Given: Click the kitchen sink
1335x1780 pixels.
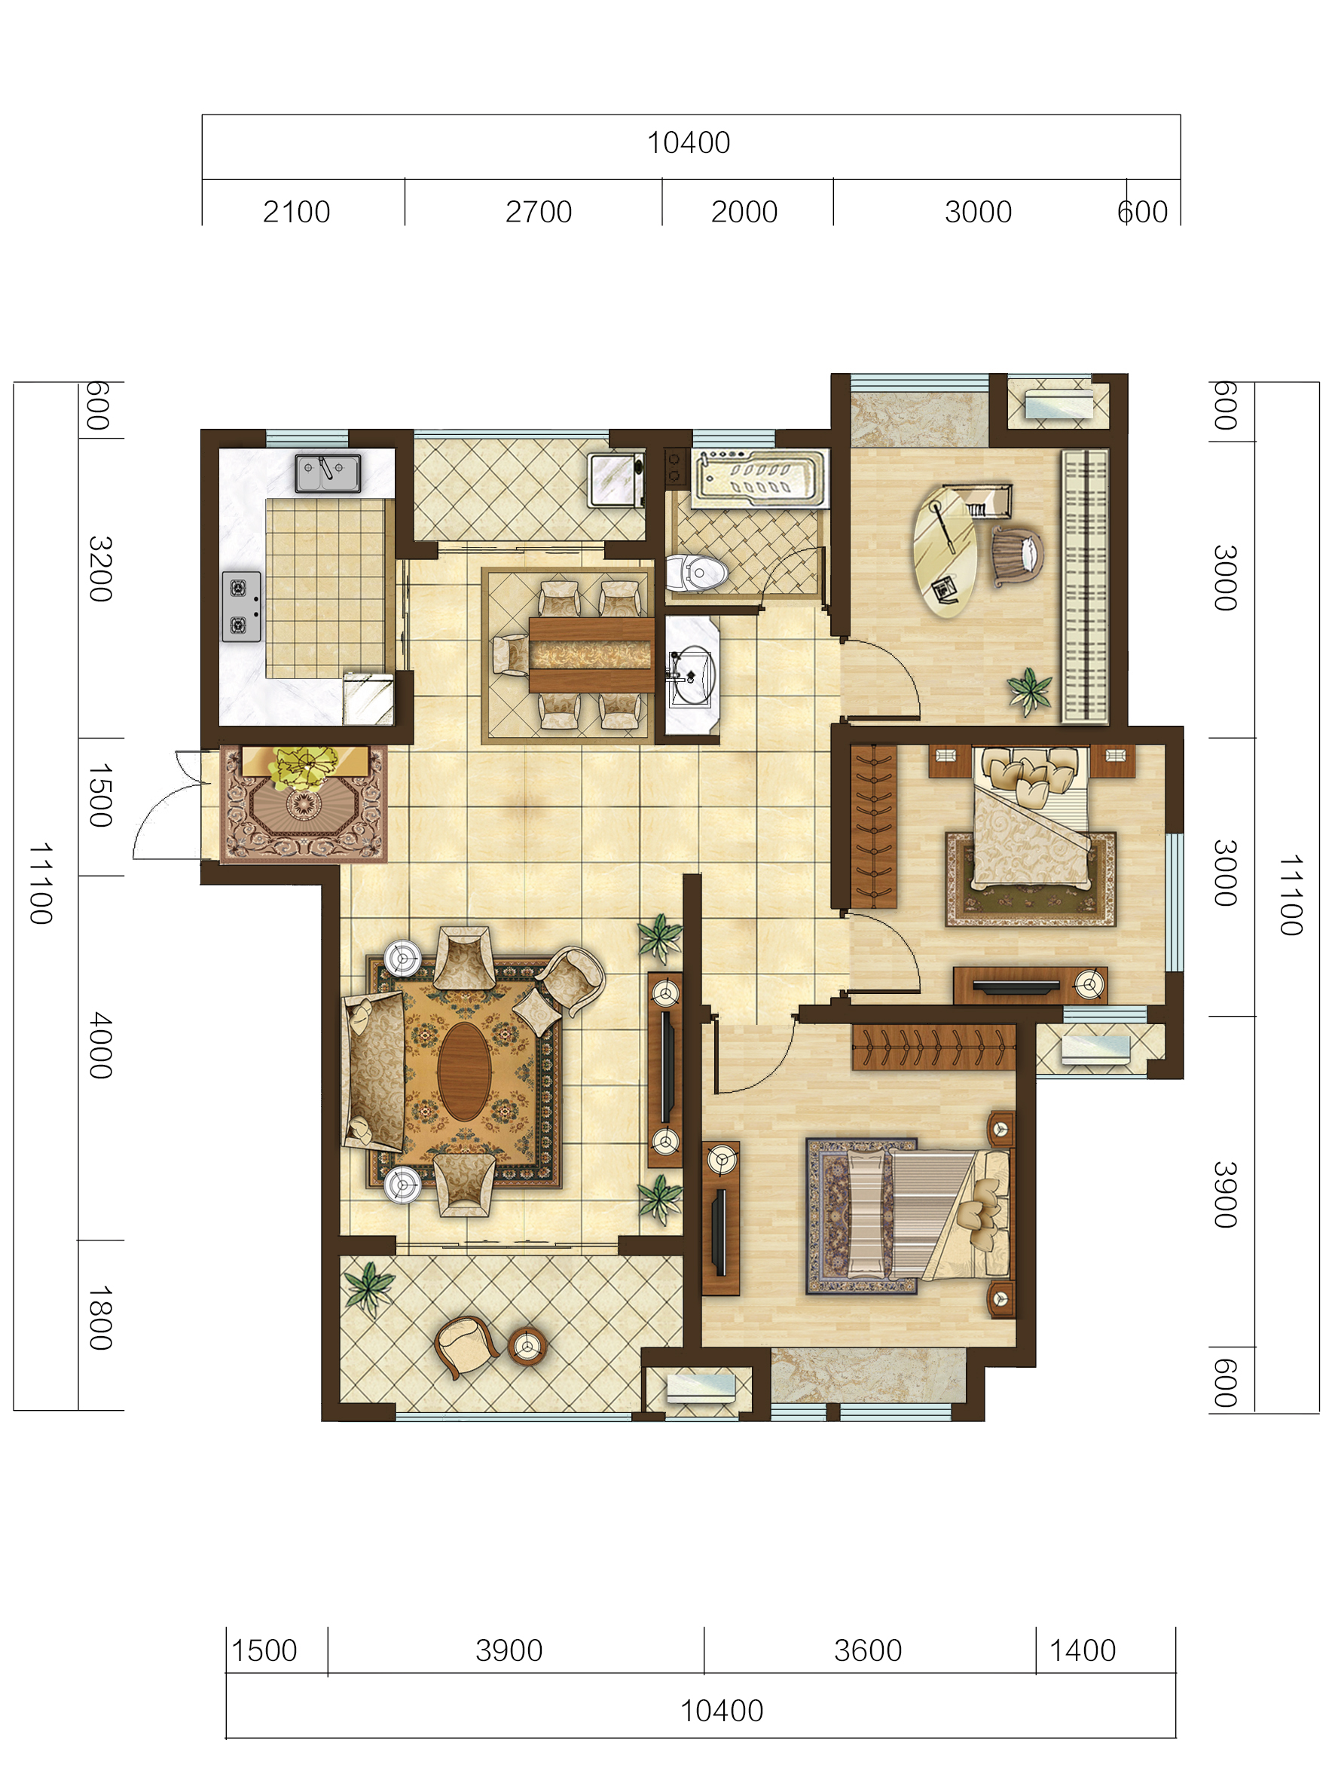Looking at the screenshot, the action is [x=328, y=473].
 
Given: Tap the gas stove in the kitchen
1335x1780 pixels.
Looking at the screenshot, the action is [x=241, y=606].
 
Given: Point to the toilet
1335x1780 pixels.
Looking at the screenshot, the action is [x=697, y=573].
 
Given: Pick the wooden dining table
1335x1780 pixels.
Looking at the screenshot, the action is [x=591, y=654].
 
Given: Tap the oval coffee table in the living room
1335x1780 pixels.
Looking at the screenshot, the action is [x=464, y=1071].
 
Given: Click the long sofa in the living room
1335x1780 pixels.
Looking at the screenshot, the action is [x=374, y=1071].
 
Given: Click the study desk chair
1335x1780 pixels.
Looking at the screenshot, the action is [x=1017, y=555].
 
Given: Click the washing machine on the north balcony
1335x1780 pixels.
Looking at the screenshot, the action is [x=616, y=480].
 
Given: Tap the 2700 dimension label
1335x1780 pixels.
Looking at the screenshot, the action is [x=539, y=213].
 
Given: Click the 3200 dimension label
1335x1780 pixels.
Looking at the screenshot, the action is [x=99, y=568].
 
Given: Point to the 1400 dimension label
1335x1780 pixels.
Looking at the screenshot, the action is [x=1083, y=1650].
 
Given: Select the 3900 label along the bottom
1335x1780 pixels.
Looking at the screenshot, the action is [x=509, y=1650].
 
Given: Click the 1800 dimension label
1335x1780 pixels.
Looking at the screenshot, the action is [x=99, y=1317].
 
